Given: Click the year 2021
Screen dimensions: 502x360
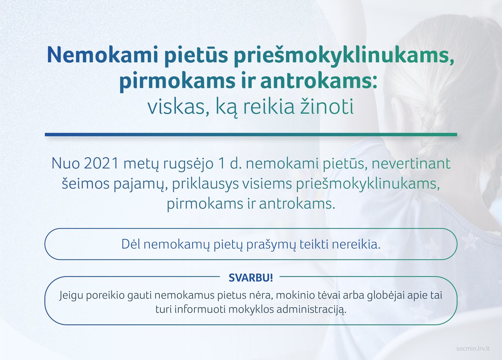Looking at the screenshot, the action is point(101,163).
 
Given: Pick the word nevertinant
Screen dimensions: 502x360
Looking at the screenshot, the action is point(411,164).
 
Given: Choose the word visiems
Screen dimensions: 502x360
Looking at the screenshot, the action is point(267,183).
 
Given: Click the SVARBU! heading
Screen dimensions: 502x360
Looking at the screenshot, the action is point(251,278).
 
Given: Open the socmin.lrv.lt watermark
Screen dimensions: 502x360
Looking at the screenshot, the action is point(473,349).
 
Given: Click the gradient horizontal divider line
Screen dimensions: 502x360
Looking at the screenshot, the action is point(251,135).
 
